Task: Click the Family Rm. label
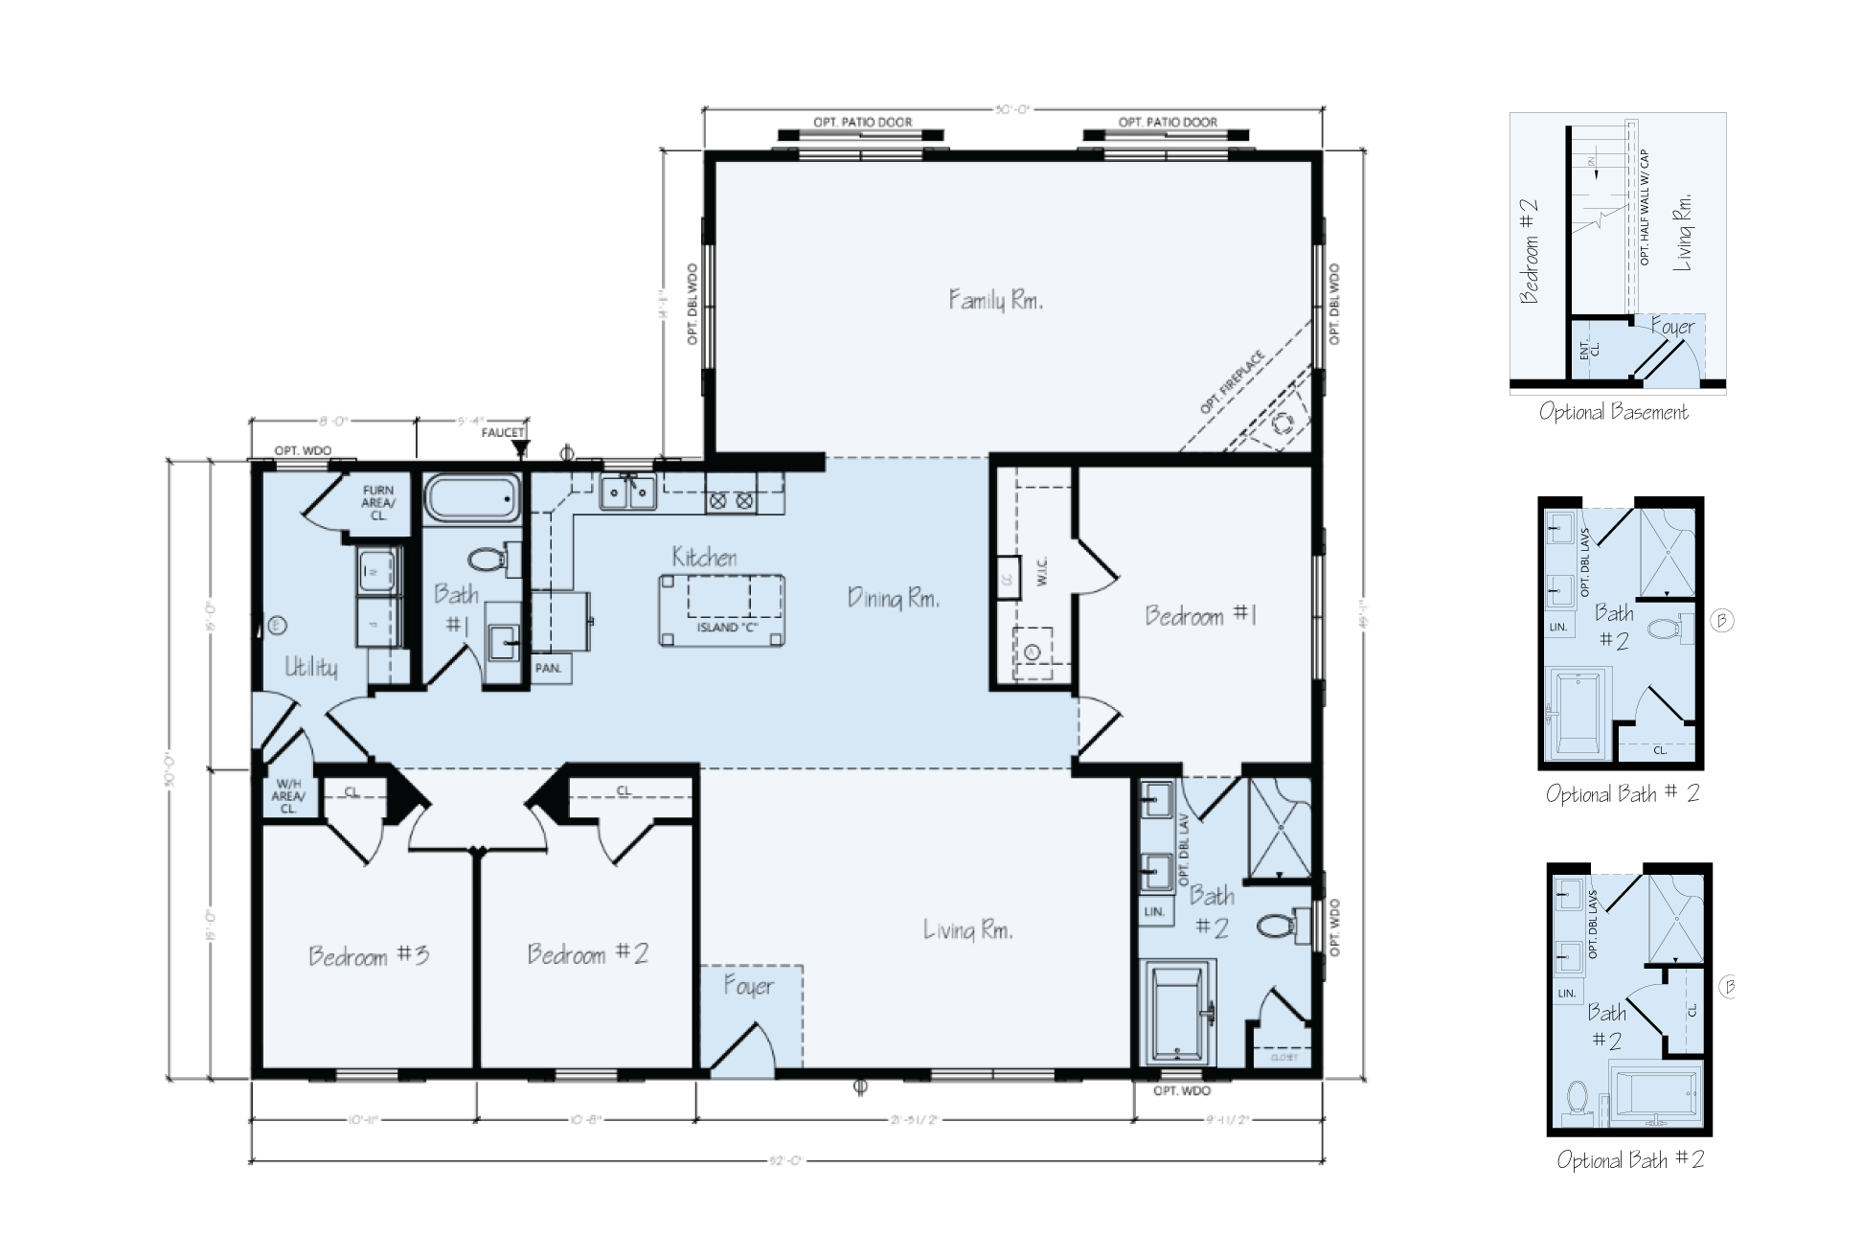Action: coord(995,300)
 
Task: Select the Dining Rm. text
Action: coord(893,599)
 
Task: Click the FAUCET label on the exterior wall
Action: coord(503,432)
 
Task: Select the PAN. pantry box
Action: coord(548,668)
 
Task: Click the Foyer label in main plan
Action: coord(749,987)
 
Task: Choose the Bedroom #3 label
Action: coord(368,955)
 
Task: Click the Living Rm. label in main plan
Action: coord(967,929)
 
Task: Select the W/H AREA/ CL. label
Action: coord(289,795)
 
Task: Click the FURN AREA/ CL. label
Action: coord(378,502)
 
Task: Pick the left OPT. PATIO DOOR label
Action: coord(862,123)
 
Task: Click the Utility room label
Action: coord(311,667)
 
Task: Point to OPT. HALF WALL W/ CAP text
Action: coord(1644,207)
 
